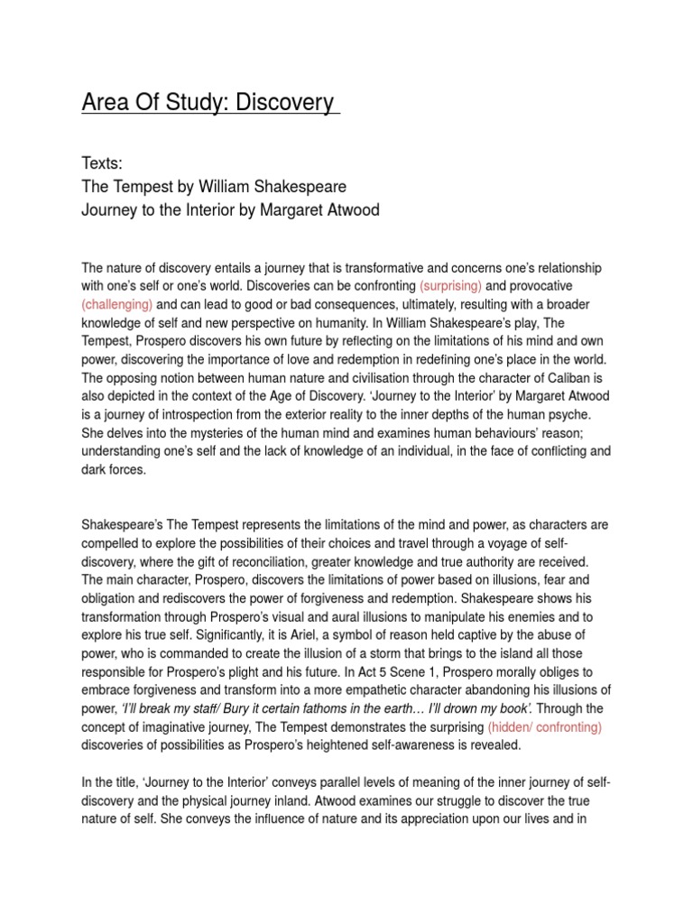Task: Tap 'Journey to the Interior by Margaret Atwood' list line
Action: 230,211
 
